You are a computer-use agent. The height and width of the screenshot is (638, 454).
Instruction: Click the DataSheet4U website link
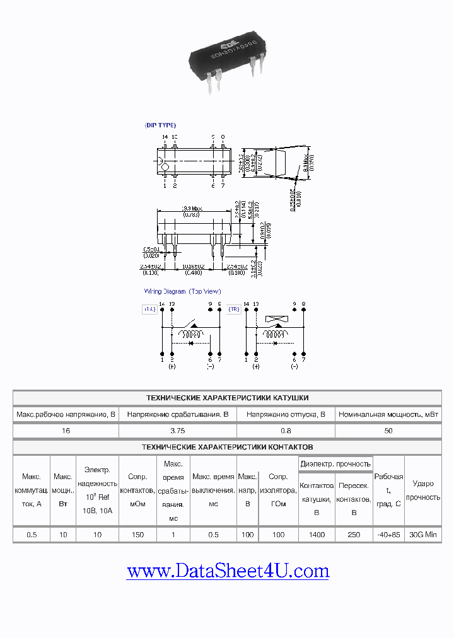click(228, 571)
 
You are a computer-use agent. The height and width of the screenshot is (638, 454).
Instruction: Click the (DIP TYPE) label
click(161, 125)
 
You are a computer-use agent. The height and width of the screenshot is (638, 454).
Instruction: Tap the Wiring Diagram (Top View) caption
click(183, 291)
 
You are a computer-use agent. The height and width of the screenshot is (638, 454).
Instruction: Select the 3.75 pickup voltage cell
click(177, 431)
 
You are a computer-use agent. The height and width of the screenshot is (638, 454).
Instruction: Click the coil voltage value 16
click(66, 431)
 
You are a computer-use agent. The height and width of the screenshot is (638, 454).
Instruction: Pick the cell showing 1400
click(317, 535)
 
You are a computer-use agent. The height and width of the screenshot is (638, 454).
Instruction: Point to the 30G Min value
click(422, 535)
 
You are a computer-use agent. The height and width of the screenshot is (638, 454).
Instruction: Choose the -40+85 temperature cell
click(388, 535)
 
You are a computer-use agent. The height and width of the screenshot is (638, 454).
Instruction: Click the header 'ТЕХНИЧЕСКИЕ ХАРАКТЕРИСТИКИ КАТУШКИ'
click(227, 398)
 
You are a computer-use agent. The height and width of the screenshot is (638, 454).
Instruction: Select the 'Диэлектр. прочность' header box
click(335, 463)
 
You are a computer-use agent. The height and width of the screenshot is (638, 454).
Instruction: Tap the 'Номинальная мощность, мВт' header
click(388, 414)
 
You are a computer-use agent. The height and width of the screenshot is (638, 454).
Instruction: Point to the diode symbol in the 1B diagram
click(274, 344)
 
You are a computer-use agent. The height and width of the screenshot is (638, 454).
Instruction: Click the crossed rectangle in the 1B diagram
click(275, 319)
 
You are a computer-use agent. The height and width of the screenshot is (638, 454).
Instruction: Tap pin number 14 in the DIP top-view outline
click(165, 137)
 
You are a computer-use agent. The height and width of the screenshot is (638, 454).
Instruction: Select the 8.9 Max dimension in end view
click(305, 163)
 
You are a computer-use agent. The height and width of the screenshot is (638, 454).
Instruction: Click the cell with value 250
click(354, 535)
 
